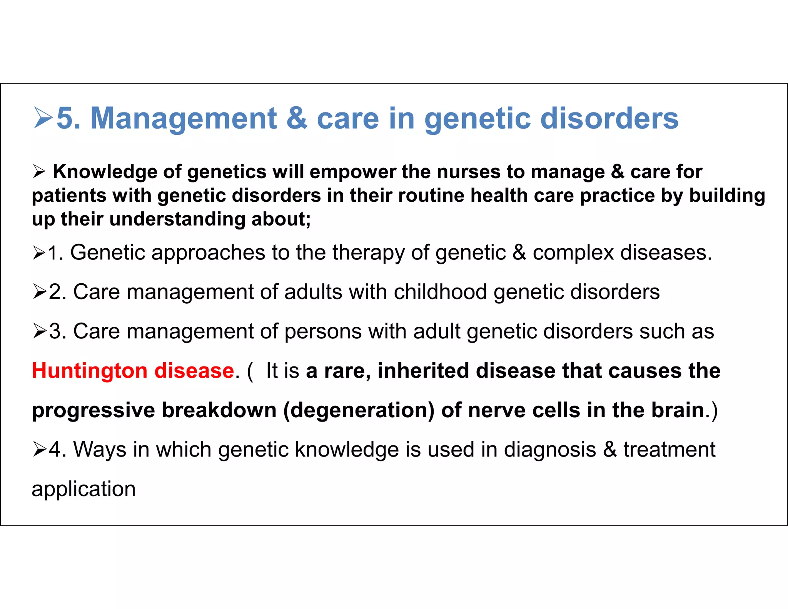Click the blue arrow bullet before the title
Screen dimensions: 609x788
43,118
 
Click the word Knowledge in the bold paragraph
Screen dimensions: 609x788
105,172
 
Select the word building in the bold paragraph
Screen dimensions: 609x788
727,195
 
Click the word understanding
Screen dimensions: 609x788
177,219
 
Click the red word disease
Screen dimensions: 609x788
194,371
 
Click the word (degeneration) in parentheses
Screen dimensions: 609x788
359,410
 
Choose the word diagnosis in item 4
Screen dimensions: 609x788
550,450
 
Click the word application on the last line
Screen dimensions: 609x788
83,489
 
